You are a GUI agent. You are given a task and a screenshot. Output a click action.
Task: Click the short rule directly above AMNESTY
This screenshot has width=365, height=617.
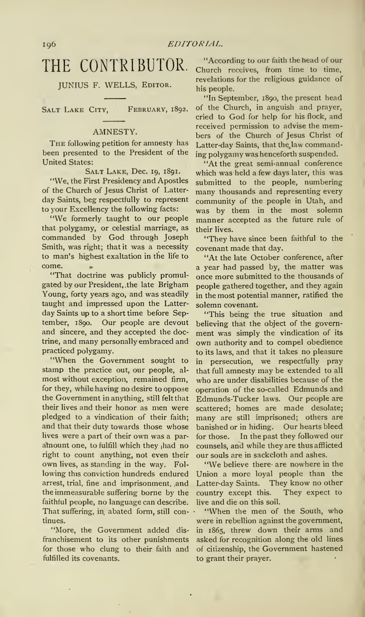(115, 121)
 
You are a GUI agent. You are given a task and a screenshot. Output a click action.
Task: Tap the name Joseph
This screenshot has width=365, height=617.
(176, 237)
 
